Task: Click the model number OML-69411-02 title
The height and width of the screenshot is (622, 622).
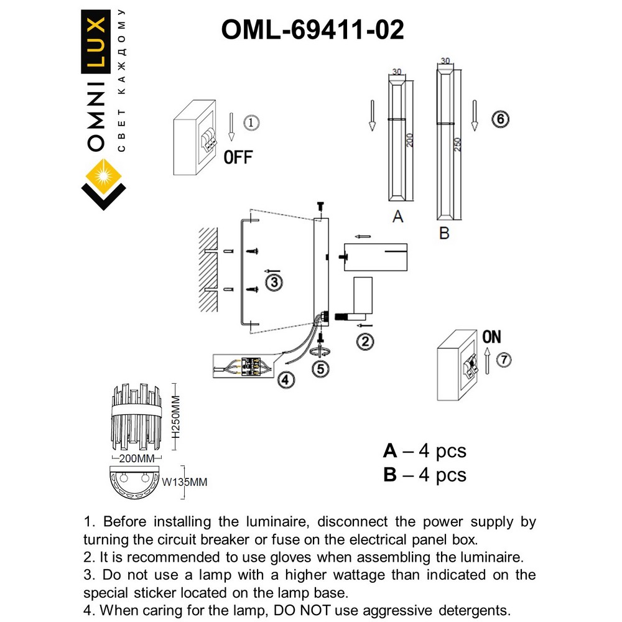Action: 312,29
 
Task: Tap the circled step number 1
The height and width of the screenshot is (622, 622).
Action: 249,123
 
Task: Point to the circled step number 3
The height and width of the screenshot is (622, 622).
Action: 274,283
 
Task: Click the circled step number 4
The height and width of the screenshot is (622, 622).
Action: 284,378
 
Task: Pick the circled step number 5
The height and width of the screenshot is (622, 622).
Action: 321,368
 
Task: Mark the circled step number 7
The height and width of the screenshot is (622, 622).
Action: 504,360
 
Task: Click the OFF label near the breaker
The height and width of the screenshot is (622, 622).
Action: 238,157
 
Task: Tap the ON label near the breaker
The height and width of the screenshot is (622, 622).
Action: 491,337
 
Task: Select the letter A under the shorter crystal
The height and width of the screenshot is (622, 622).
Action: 398,216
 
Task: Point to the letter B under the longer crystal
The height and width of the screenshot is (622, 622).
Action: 444,233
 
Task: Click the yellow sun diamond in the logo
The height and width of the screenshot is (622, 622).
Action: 103,173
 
